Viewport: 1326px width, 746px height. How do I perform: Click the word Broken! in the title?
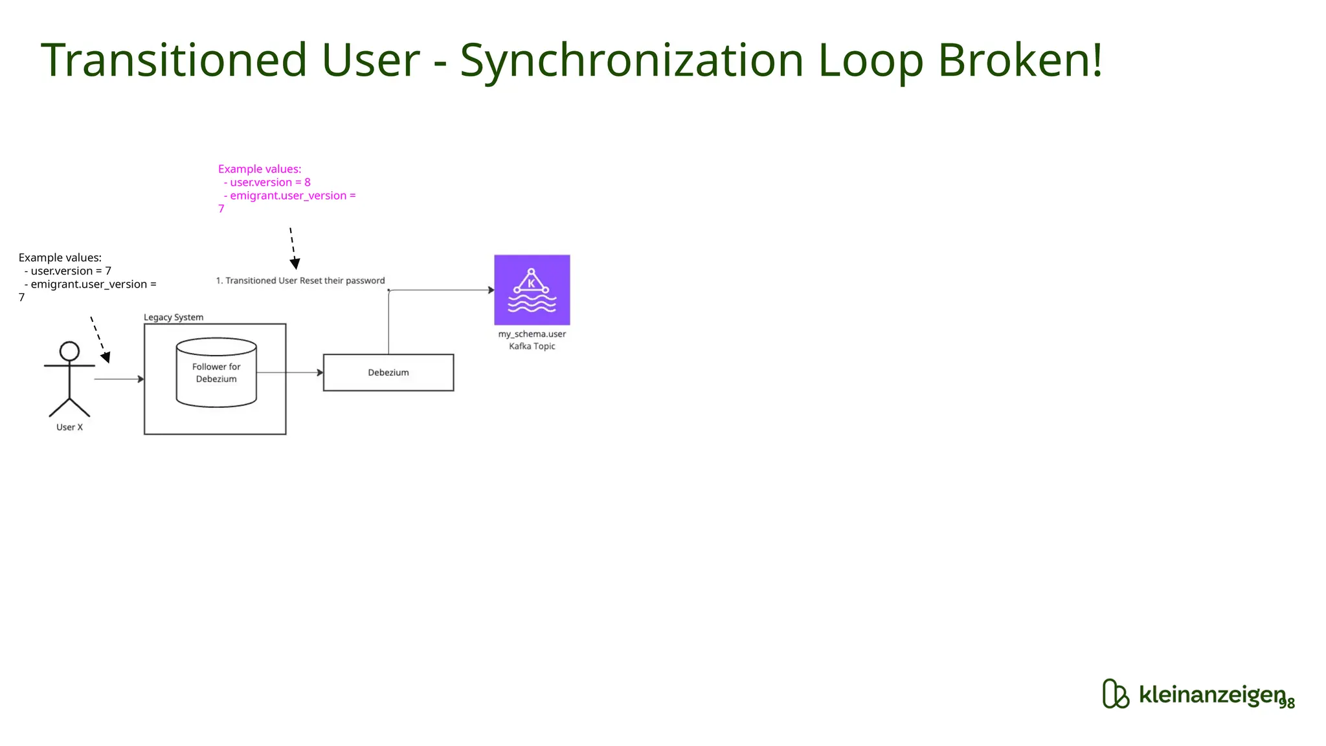tap(1020, 60)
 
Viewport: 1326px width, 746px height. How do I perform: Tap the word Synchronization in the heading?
tap(631, 60)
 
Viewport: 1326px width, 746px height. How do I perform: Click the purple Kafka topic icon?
tap(532, 289)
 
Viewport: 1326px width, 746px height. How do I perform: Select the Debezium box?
tap(388, 372)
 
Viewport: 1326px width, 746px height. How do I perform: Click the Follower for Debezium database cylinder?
tap(216, 372)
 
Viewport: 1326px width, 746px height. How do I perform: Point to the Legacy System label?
tap(174, 317)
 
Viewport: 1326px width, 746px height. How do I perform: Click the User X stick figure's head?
tap(69, 352)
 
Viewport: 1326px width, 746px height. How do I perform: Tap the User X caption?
tap(69, 427)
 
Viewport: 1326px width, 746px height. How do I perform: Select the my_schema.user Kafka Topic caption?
tap(532, 340)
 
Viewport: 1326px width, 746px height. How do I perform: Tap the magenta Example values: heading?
tap(260, 169)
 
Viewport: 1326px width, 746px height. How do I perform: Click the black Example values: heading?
tap(60, 258)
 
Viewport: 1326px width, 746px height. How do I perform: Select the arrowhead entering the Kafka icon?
tap(491, 290)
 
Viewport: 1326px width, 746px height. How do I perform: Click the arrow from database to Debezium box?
tap(290, 372)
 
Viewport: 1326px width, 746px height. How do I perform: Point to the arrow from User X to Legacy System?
tap(119, 379)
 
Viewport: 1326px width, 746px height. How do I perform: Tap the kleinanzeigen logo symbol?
tap(1115, 694)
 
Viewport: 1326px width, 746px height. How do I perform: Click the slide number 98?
tap(1287, 703)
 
